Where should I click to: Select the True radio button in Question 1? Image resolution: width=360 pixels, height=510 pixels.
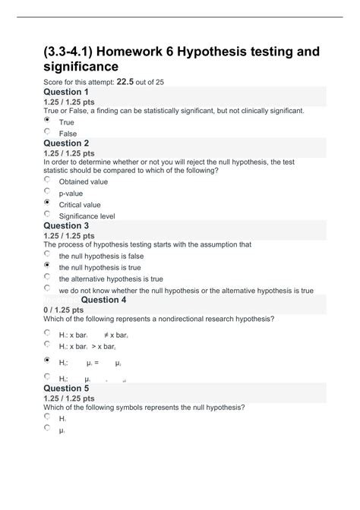pos(48,120)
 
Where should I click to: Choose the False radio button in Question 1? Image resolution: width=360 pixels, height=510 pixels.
pos(48,131)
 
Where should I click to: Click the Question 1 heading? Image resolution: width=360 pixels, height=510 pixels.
pos(77,92)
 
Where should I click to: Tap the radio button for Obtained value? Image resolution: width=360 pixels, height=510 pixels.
pos(48,181)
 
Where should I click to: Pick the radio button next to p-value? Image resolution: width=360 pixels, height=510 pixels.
pos(48,192)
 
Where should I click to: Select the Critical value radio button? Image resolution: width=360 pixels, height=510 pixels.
pos(48,203)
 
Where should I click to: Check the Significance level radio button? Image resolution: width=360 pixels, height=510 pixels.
pos(48,214)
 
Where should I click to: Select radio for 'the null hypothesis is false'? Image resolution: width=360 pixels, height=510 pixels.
pos(48,255)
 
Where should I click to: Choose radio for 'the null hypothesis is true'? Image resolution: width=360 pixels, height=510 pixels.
pos(48,266)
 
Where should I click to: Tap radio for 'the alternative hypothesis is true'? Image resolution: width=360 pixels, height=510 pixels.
pos(48,277)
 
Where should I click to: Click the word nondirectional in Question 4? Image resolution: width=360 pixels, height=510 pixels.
pos(190,319)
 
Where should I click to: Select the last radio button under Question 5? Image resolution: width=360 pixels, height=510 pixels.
pos(48,428)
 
